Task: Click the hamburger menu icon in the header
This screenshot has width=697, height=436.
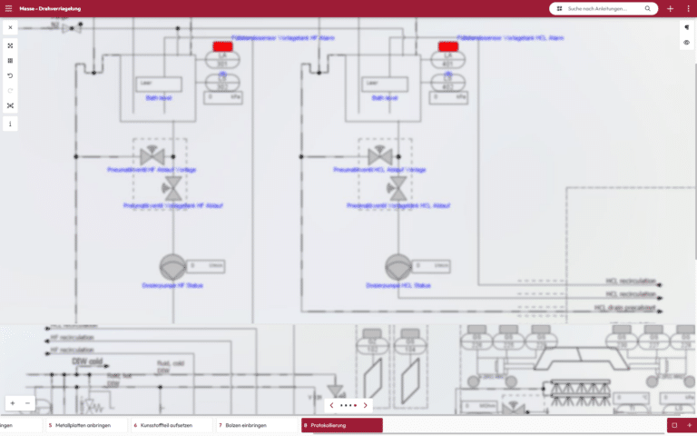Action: coord(9,8)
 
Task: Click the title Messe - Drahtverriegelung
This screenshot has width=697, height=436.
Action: coord(51,8)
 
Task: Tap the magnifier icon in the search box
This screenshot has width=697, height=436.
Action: coord(648,8)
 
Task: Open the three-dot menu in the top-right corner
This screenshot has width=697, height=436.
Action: coord(688,8)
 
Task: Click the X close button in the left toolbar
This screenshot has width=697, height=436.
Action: coord(10,27)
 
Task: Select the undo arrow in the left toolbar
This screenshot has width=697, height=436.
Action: coord(10,75)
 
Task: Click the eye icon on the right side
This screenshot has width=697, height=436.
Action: coord(686,43)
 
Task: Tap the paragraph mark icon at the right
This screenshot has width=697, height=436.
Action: coord(686,27)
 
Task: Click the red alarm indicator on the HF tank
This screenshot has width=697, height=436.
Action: coord(222,45)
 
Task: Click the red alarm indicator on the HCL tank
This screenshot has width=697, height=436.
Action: coord(447,45)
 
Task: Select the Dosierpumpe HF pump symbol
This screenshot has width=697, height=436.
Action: coord(172,266)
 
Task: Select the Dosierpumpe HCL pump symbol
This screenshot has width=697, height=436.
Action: coord(397,266)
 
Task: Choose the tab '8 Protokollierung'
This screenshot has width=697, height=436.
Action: coord(342,425)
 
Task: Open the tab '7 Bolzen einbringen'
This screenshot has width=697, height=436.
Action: coord(258,425)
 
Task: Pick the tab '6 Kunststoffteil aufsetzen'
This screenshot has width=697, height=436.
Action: coord(172,425)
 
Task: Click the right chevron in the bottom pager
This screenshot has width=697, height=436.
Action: coord(365,405)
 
